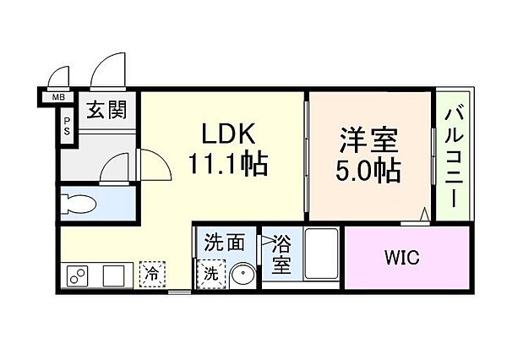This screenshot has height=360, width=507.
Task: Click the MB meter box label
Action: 58,97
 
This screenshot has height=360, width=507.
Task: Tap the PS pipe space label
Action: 67,126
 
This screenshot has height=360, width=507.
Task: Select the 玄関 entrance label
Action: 106,109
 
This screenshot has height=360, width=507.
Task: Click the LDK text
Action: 229,134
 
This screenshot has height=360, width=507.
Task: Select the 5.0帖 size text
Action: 368,170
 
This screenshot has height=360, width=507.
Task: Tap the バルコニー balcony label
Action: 454,159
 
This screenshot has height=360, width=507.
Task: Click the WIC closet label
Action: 402,258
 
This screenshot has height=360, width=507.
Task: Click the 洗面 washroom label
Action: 224,243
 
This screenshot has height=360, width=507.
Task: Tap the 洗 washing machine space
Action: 210,275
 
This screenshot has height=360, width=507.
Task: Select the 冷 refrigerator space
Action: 152,275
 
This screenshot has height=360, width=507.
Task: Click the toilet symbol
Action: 79,204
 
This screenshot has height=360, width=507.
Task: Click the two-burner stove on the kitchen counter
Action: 78,275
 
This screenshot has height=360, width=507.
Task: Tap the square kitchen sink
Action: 113,275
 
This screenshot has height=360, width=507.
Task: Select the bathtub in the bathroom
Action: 321,254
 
